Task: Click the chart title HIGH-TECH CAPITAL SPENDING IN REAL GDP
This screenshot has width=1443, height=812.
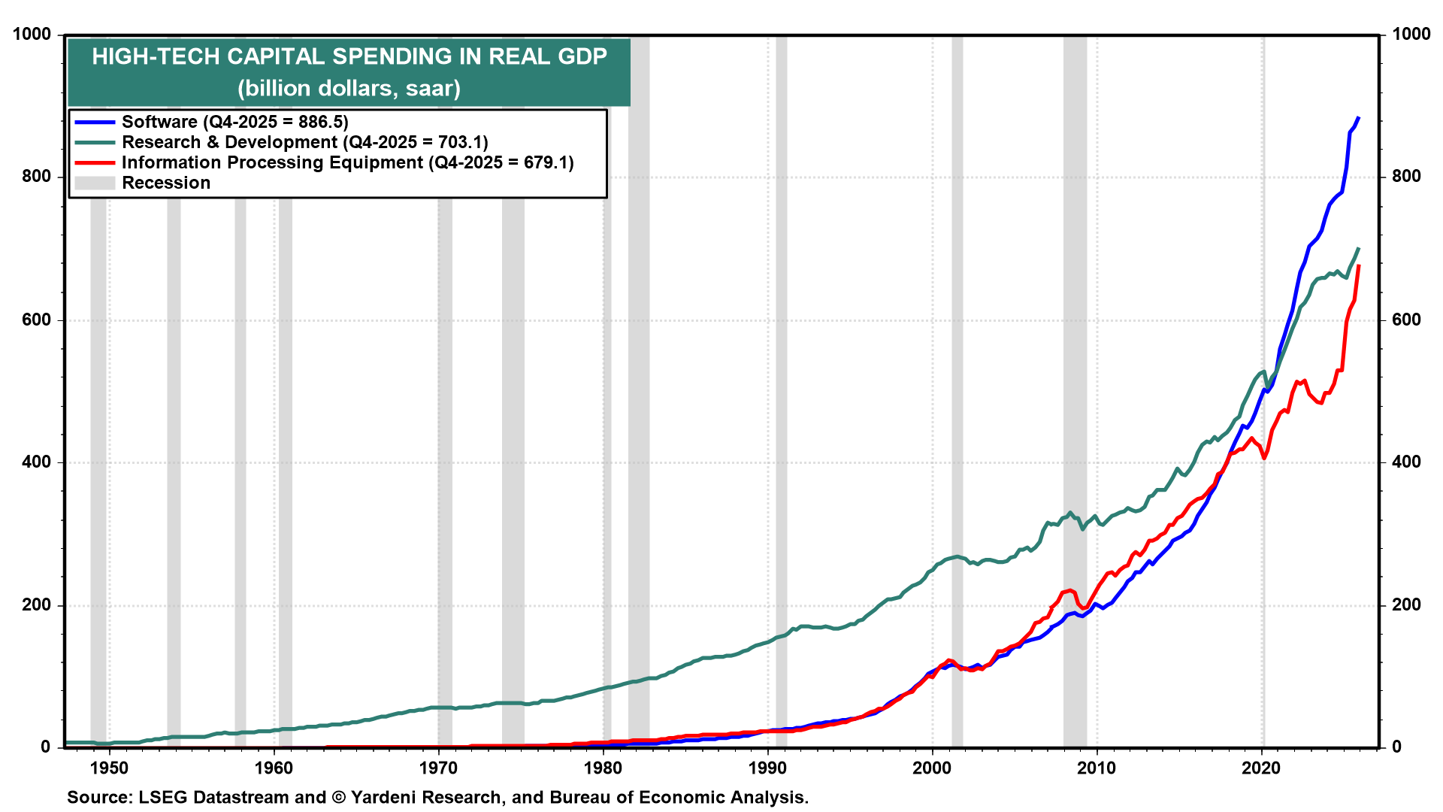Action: point(349,56)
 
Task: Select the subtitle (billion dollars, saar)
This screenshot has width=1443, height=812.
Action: point(349,89)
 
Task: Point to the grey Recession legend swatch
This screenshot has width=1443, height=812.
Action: point(95,183)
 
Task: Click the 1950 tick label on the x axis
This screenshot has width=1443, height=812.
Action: point(109,768)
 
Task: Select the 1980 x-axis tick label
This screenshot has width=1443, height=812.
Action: point(603,768)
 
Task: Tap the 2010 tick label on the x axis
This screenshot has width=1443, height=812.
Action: point(1097,768)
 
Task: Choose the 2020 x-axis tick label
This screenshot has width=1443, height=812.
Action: point(1261,768)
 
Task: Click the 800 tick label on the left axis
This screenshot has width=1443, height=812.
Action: point(36,177)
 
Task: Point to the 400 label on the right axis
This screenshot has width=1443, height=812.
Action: point(1406,462)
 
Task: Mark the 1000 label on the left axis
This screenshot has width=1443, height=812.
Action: point(32,35)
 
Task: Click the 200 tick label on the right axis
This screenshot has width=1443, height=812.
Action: point(1406,605)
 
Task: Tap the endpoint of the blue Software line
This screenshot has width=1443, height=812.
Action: point(1359,117)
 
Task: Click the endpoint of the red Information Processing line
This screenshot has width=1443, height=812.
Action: point(1359,265)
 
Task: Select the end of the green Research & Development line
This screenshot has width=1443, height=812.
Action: point(1359,248)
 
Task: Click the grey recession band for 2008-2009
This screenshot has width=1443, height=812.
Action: point(1075,376)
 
